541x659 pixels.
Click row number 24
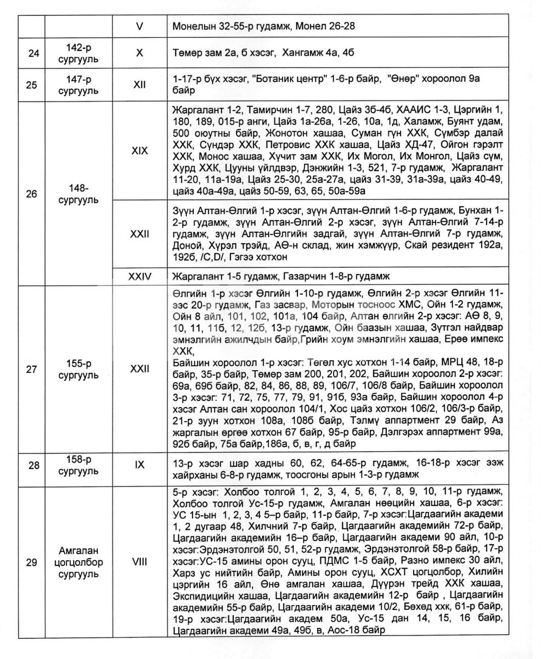click(x=32, y=53)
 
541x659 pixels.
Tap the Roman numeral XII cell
click(x=139, y=85)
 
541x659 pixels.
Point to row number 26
click(x=32, y=194)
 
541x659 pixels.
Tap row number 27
click(x=32, y=369)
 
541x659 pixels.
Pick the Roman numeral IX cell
click(x=139, y=465)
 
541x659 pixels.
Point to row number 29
click(x=32, y=562)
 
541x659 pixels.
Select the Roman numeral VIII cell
click(x=139, y=562)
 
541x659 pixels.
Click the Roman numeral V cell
click(x=139, y=25)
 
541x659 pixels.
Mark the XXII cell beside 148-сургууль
click(x=139, y=234)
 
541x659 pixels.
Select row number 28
click(x=32, y=465)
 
